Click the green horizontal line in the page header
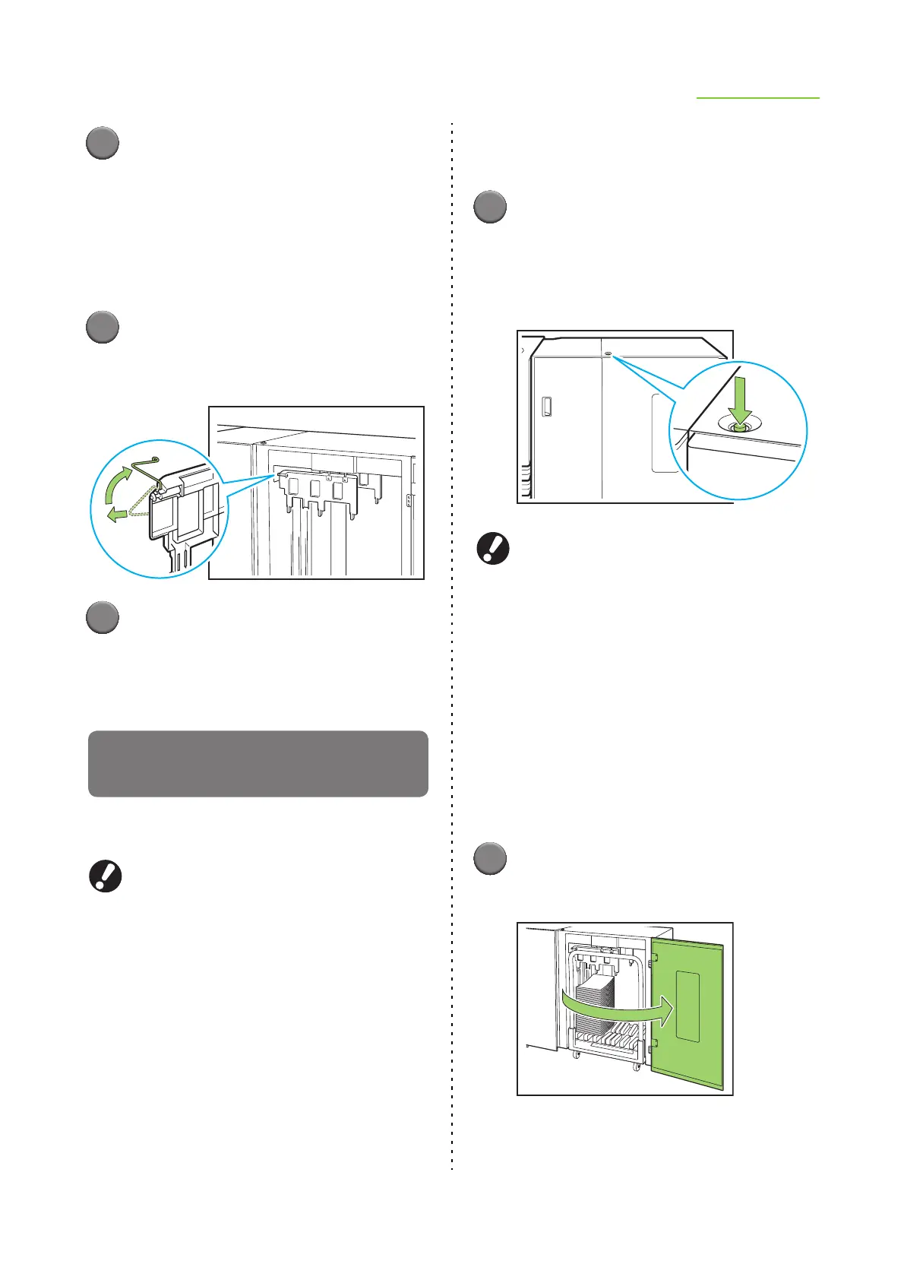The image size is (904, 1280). click(x=758, y=98)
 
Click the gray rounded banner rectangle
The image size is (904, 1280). click(x=258, y=763)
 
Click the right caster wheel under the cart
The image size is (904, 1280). click(x=637, y=1067)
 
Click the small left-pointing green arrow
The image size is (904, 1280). click(x=119, y=515)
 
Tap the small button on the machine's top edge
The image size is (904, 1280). click(x=608, y=353)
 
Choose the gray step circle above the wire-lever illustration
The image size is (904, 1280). click(x=102, y=327)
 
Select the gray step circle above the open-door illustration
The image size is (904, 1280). click(x=490, y=858)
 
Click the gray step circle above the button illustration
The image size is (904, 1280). click(x=490, y=207)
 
